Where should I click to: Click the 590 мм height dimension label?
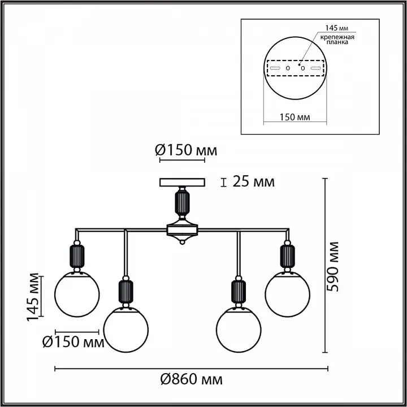click(x=333, y=267)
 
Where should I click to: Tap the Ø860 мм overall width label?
click(x=192, y=379)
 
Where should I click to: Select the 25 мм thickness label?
click(x=253, y=181)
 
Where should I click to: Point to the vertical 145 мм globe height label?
click(x=33, y=297)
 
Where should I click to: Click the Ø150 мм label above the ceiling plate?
click(x=186, y=150)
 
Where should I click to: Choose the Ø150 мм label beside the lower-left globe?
click(x=73, y=342)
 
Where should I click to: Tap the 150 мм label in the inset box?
click(x=295, y=117)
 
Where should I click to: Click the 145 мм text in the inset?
click(x=337, y=28)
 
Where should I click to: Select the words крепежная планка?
click(x=337, y=39)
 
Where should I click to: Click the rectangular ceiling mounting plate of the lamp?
click(x=182, y=182)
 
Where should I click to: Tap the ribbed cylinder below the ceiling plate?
click(x=182, y=202)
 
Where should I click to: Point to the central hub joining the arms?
click(x=182, y=230)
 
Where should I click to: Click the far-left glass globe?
click(x=77, y=294)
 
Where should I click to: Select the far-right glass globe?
click(x=288, y=294)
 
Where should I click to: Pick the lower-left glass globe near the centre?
click(x=126, y=330)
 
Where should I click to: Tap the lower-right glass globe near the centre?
click(x=239, y=330)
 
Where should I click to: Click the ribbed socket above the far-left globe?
click(x=77, y=256)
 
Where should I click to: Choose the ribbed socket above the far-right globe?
click(x=287, y=256)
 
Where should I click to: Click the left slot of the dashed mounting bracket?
click(x=275, y=68)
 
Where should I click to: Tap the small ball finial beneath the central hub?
click(x=182, y=242)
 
